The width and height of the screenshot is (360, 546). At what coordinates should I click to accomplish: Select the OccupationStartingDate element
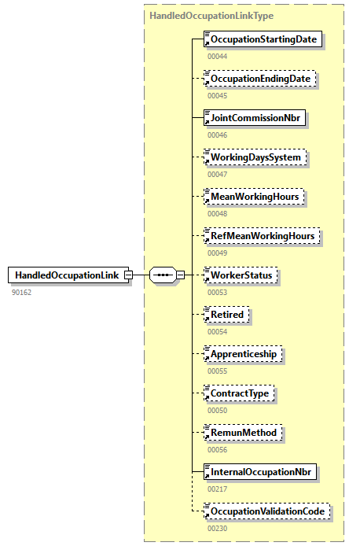click(x=263, y=39)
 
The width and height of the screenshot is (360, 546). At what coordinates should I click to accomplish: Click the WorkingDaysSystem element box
click(x=255, y=157)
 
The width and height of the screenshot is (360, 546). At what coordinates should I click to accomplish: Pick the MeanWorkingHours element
click(x=255, y=197)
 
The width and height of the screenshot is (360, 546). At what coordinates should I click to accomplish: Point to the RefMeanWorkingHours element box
click(x=262, y=236)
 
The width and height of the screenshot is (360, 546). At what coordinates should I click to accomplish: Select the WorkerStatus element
click(x=241, y=275)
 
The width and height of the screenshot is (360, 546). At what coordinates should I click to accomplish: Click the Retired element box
click(x=226, y=315)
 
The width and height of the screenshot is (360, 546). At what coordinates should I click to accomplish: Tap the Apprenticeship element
click(x=243, y=354)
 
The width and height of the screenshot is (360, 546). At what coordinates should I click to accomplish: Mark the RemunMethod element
click(x=243, y=432)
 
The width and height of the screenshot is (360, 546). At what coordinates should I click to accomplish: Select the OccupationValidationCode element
click(x=266, y=511)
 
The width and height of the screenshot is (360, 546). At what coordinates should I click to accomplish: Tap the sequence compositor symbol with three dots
click(x=163, y=275)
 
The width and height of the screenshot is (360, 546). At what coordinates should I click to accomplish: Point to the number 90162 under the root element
click(x=21, y=292)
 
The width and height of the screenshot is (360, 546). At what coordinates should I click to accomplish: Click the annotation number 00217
click(x=218, y=489)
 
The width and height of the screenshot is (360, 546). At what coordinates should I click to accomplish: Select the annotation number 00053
click(x=218, y=292)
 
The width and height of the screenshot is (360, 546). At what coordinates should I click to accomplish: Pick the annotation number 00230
click(x=218, y=528)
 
